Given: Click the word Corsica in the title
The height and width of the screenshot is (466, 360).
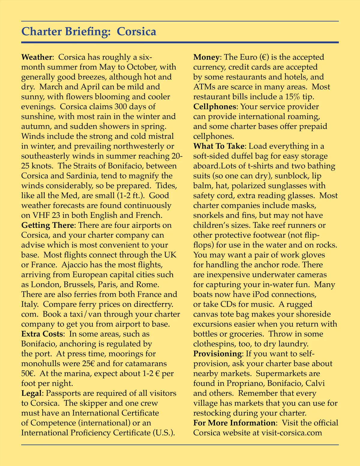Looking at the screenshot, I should click(136, 32).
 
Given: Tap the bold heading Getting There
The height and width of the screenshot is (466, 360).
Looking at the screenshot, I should click(47, 225).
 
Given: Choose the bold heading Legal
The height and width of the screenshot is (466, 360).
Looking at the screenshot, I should click(32, 393).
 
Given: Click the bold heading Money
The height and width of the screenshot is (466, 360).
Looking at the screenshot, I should click(207, 57).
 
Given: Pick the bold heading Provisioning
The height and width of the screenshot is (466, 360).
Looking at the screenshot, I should click(217, 354).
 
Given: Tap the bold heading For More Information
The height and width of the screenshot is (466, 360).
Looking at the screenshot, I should click(234, 423).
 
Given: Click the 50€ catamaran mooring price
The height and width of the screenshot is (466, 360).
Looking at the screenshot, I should click(28, 374).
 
